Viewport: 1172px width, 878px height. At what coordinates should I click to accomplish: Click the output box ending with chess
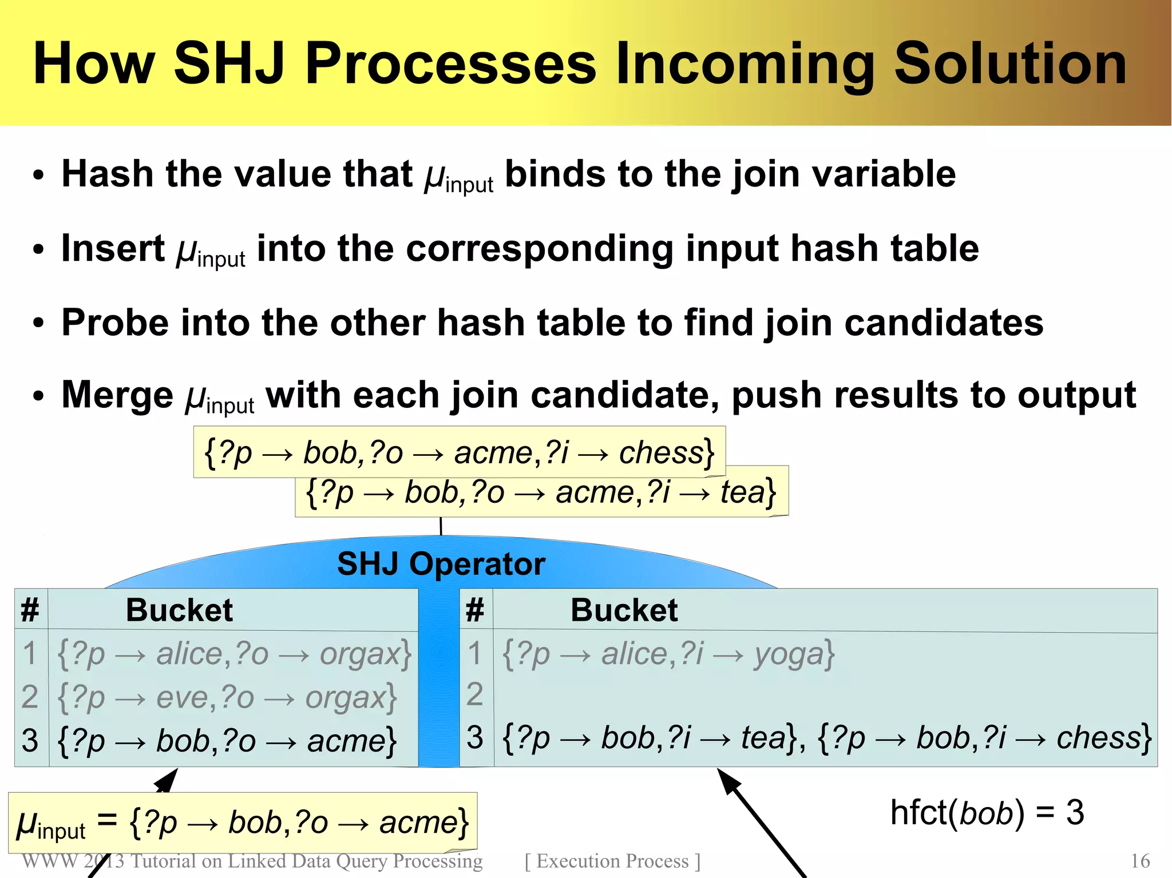459,452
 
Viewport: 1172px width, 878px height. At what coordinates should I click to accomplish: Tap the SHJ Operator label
441,564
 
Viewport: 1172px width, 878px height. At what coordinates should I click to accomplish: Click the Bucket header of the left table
179,610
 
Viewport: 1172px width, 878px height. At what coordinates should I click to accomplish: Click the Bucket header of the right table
624,610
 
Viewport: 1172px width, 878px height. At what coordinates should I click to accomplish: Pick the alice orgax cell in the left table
233,653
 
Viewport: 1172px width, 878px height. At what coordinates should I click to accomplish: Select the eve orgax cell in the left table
227,697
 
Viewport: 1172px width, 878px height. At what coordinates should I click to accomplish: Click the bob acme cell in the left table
227,741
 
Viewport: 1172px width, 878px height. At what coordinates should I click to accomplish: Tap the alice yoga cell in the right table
668,653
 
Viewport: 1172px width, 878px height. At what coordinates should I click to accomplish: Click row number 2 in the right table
474,694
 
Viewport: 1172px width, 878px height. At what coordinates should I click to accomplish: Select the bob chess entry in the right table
984,738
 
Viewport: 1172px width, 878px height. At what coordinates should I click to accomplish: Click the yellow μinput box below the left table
243,823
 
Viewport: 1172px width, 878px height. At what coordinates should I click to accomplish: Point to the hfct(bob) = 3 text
987,812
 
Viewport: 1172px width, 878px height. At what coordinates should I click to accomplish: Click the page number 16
1140,861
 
